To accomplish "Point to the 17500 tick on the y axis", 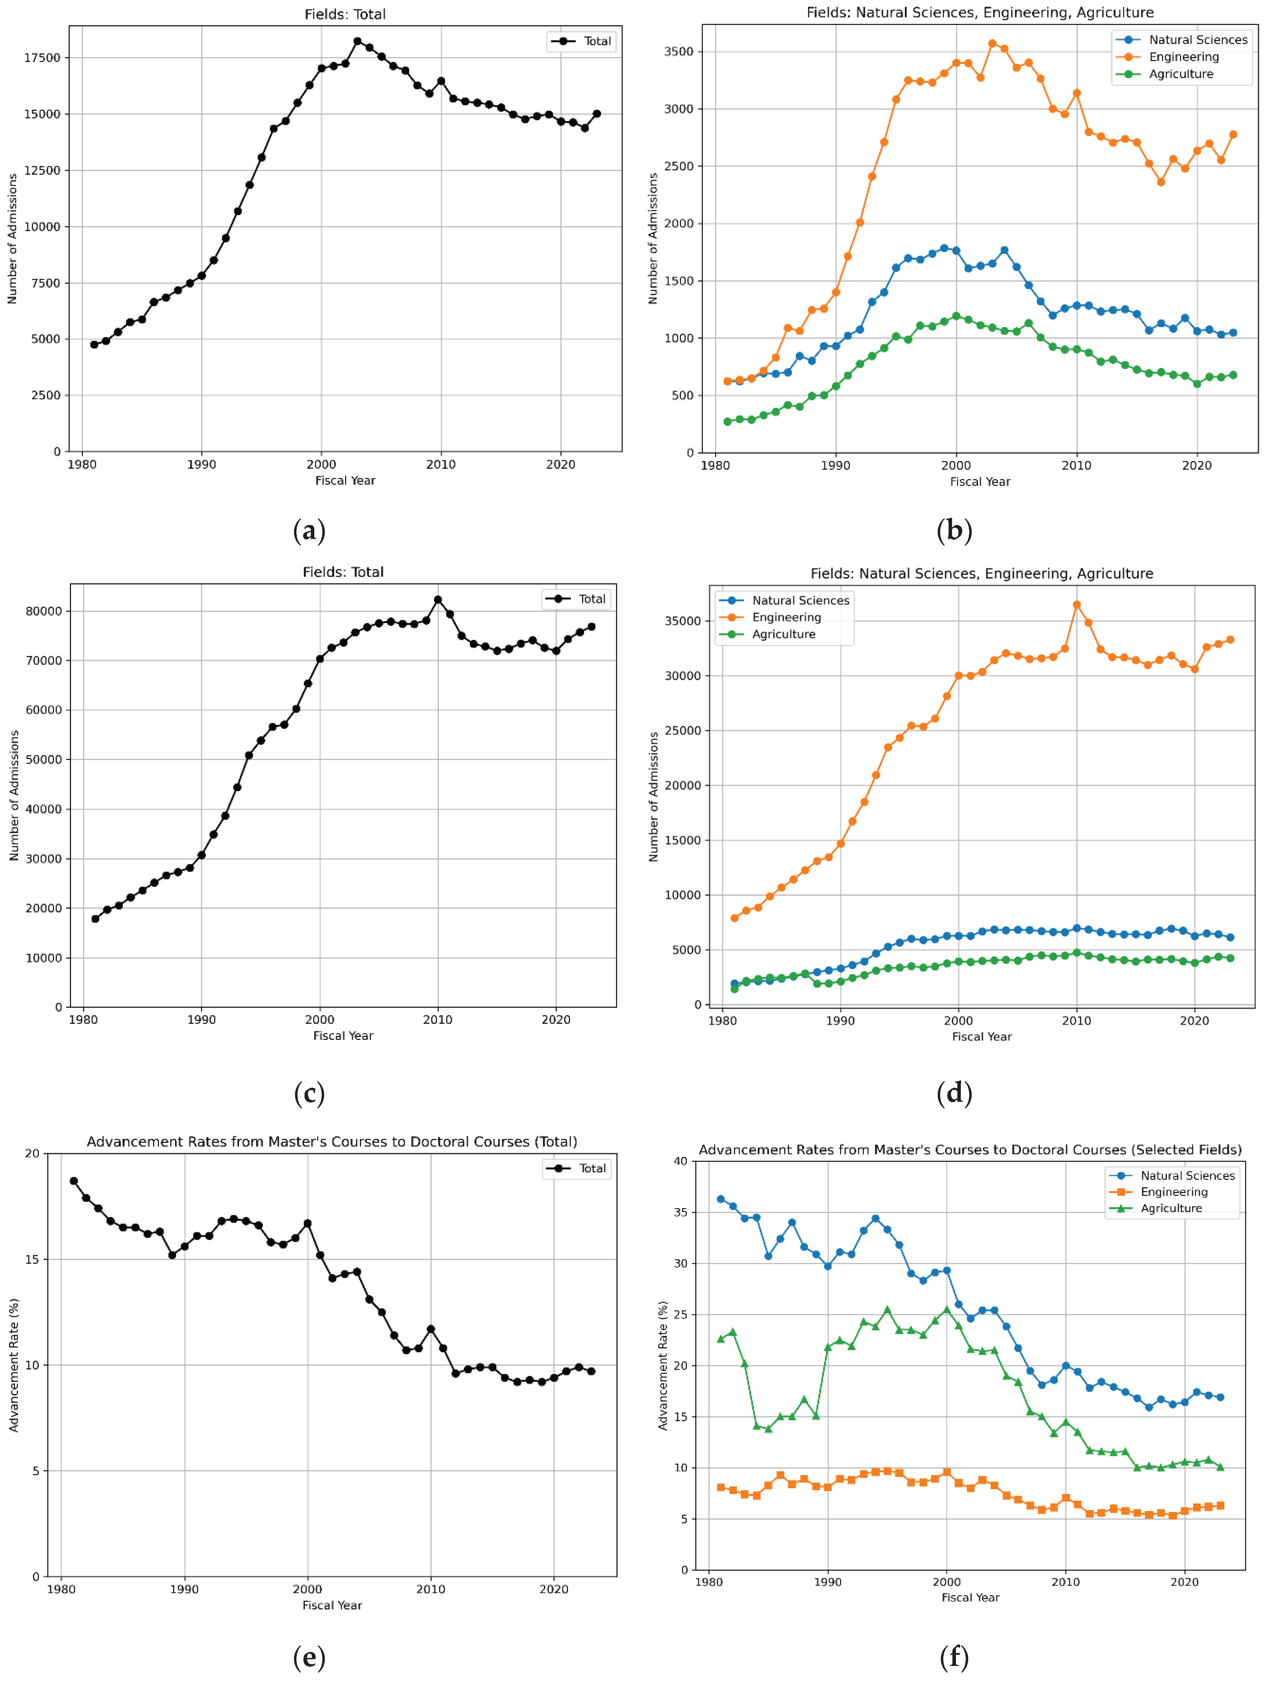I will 43,58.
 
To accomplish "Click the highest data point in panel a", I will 357,41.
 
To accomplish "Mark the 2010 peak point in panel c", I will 438,600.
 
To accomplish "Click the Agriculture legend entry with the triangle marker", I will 1170,1208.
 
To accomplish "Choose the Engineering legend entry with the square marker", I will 1173,1192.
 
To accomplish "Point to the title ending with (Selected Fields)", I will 970,1150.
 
